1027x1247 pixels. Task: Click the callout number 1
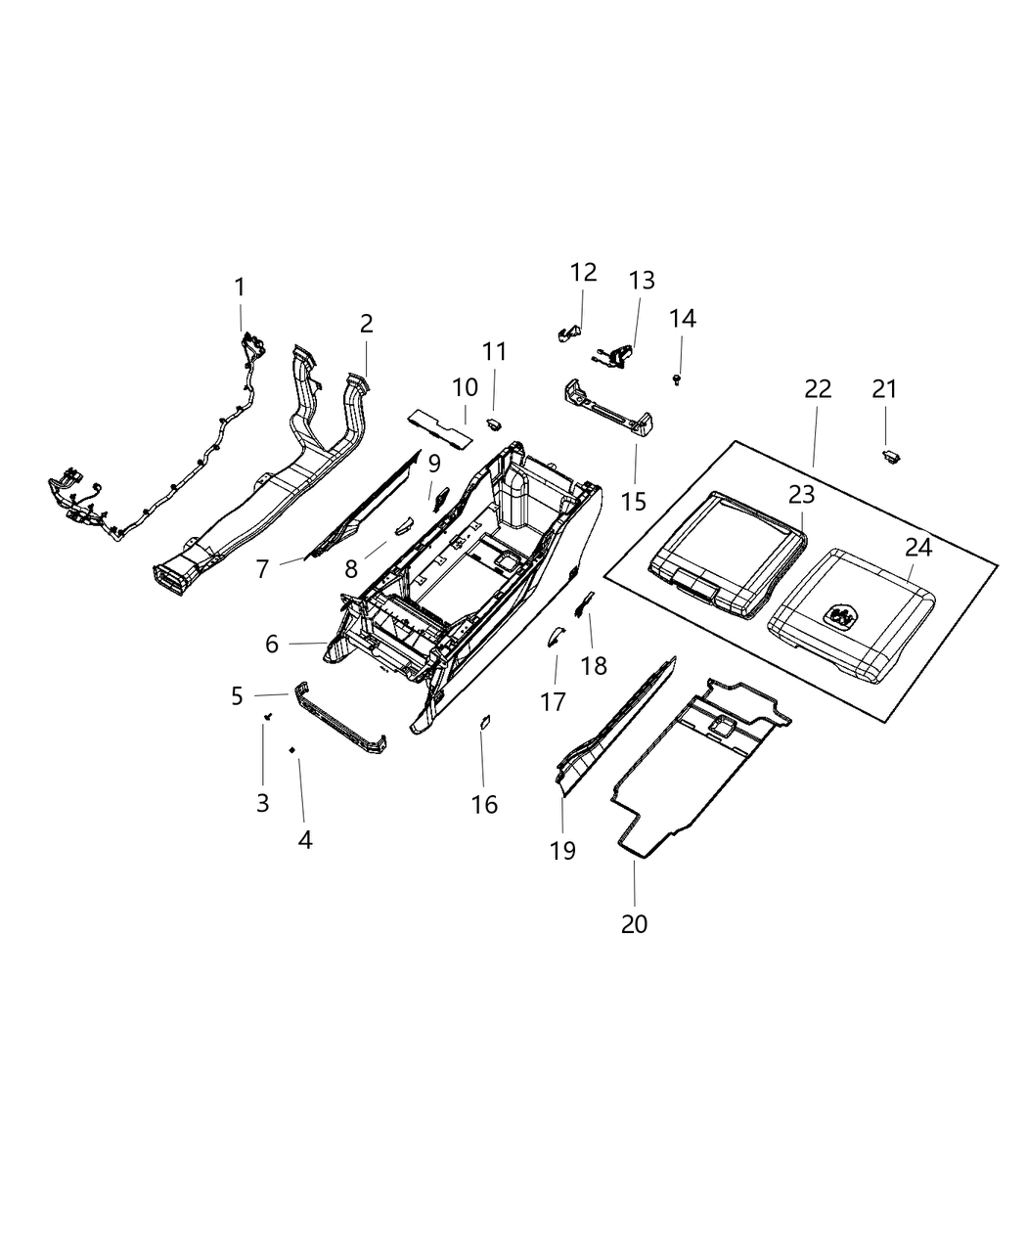[240, 288]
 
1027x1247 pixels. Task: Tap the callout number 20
[634, 923]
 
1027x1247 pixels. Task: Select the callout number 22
[818, 388]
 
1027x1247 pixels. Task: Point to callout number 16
[484, 804]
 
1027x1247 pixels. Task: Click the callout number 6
[272, 644]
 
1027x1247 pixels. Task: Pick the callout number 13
[642, 281]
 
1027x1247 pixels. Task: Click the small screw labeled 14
[677, 378]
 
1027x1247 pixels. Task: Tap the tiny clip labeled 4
[292, 749]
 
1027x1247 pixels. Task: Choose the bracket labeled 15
[606, 411]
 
